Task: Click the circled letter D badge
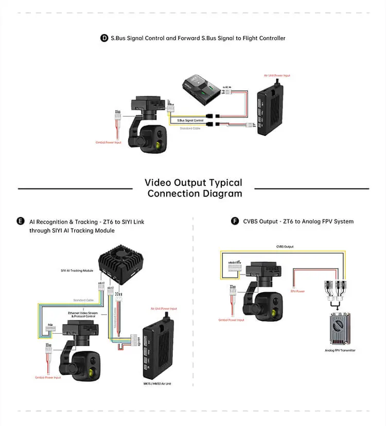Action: (104, 38)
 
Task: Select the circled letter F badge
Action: (235, 221)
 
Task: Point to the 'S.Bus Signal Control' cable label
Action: (190, 120)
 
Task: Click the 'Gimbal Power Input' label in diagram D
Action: (109, 142)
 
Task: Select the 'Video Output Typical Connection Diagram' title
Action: (194, 188)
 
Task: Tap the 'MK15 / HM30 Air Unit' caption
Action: (157, 383)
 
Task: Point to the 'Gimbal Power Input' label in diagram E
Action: (48, 378)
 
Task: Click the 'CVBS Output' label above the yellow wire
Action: (285, 247)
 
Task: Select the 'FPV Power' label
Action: (297, 291)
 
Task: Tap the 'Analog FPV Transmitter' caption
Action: (340, 350)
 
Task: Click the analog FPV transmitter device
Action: (340, 330)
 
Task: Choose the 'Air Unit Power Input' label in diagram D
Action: (277, 76)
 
